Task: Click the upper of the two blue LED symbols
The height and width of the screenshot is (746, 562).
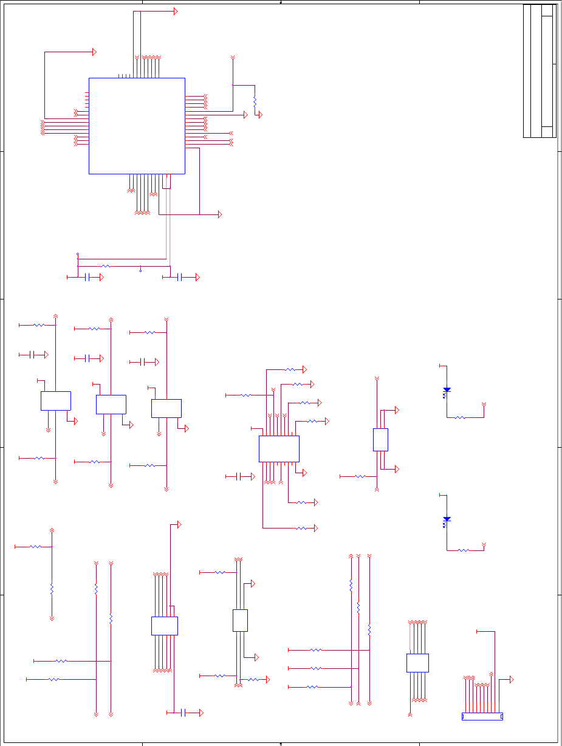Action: tap(447, 389)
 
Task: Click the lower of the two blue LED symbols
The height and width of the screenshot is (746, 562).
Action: tap(447, 519)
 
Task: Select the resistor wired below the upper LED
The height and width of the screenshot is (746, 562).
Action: tap(460, 417)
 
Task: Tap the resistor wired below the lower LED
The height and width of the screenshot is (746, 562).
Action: tap(463, 550)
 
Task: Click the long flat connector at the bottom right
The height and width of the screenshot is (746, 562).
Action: tap(482, 716)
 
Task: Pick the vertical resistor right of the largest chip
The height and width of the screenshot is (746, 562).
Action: tap(255, 101)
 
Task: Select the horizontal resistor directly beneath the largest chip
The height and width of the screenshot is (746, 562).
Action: tap(106, 266)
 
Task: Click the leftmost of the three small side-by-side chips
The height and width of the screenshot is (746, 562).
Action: tap(56, 401)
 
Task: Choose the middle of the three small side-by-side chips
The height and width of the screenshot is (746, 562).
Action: tap(111, 405)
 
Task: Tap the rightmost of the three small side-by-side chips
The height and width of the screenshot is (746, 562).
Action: tap(166, 408)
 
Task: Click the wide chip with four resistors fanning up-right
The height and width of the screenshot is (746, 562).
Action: tap(279, 448)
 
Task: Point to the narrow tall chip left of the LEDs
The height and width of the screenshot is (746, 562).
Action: tap(380, 439)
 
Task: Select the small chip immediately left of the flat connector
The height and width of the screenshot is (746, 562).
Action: tap(417, 663)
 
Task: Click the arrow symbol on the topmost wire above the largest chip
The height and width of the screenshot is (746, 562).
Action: tap(176, 12)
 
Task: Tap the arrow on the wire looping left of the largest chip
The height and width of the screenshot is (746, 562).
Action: tap(94, 52)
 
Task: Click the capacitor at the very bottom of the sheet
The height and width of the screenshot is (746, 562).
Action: tap(183, 713)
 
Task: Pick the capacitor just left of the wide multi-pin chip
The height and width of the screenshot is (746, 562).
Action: tap(240, 476)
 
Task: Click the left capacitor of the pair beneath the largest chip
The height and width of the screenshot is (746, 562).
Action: tap(87, 277)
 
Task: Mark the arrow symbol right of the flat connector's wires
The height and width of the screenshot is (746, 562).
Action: tap(512, 679)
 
